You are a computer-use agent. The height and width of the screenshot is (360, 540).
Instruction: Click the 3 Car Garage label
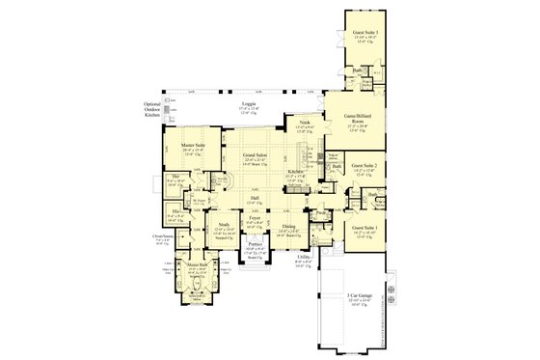tap(358, 297)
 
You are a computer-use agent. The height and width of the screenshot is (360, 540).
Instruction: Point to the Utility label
tap(304, 257)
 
